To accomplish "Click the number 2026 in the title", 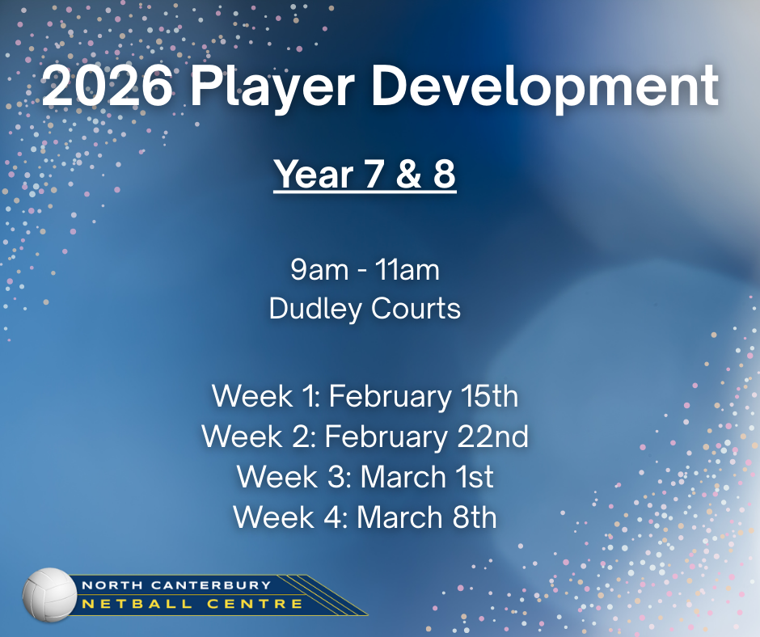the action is tap(107, 86).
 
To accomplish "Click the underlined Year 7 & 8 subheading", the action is tap(365, 175).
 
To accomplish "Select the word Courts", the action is tap(416, 309).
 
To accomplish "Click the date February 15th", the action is tap(424, 397).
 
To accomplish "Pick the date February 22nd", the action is tap(427, 437).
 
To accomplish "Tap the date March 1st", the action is tap(427, 477).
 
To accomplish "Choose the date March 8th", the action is tap(427, 517).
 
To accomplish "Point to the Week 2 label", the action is tap(260, 437).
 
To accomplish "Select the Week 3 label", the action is tap(294, 477).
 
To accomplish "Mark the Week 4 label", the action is tap(291, 517).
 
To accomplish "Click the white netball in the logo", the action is tap(49, 595).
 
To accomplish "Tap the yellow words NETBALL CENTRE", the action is tap(192, 605).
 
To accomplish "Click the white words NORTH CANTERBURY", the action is tap(176, 585).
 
